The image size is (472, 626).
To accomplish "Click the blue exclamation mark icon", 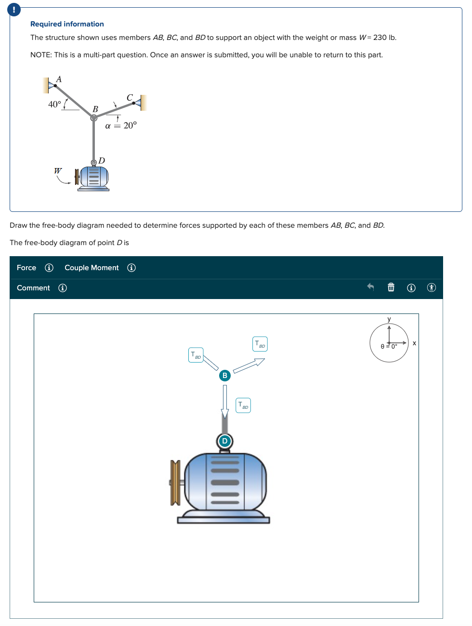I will (14, 9).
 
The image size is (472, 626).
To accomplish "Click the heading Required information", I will (67, 24).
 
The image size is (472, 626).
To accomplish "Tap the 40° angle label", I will (54, 104).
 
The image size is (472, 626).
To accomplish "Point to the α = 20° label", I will (121, 126).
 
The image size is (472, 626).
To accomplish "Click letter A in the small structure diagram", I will (59, 79).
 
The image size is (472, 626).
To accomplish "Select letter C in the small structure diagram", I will (130, 98).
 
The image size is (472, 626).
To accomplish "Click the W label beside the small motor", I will (58, 171).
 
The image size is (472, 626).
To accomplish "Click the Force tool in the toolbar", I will (26, 268).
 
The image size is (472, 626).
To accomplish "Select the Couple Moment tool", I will (92, 268).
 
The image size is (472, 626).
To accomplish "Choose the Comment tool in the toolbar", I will (33, 288).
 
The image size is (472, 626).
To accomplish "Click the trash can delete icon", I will (391, 287).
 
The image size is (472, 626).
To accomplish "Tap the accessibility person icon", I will (432, 287).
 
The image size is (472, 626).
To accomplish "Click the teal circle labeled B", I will (224, 376).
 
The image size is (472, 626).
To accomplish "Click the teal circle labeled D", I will (224, 441).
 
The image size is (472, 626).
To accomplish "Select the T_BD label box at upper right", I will (260, 344).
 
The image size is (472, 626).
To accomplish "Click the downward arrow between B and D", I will (224, 401).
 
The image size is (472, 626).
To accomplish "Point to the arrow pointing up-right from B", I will (249, 365).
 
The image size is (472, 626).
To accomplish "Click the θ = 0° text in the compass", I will (389, 346).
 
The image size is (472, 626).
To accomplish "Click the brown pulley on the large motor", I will (175, 483).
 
